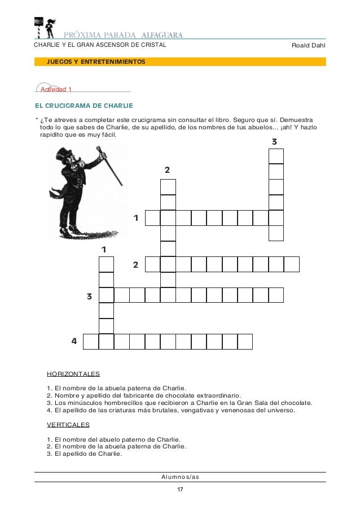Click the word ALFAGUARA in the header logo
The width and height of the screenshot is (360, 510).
pyautogui.click(x=166, y=33)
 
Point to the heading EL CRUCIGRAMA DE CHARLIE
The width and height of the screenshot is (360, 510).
pyautogui.click(x=84, y=106)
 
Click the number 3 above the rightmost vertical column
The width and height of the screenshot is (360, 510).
pyautogui.click(x=274, y=141)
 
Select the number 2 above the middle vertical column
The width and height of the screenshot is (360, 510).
pyautogui.click(x=167, y=170)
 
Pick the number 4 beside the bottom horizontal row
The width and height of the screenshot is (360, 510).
pyautogui.click(x=74, y=341)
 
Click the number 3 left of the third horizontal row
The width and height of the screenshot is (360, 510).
pyautogui.click(x=89, y=295)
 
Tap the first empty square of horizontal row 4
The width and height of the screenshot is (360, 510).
pyautogui.click(x=91, y=341)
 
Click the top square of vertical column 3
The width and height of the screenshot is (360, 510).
pyautogui.click(x=276, y=156)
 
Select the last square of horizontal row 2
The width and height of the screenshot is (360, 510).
pyautogui.click(x=291, y=264)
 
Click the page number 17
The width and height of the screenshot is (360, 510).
pyautogui.click(x=179, y=489)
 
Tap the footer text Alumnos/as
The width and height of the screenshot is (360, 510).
pyautogui.click(x=180, y=477)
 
